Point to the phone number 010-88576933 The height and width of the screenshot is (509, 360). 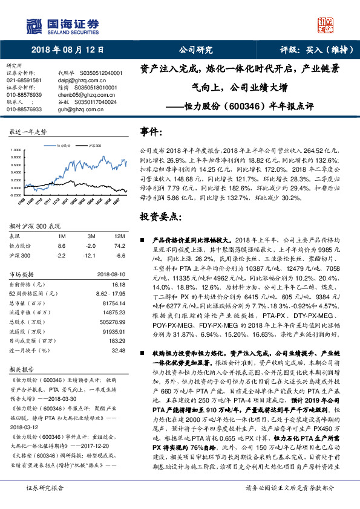click(x=24, y=109)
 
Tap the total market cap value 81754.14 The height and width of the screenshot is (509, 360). click(x=114, y=302)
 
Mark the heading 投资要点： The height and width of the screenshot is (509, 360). click(x=161, y=216)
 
